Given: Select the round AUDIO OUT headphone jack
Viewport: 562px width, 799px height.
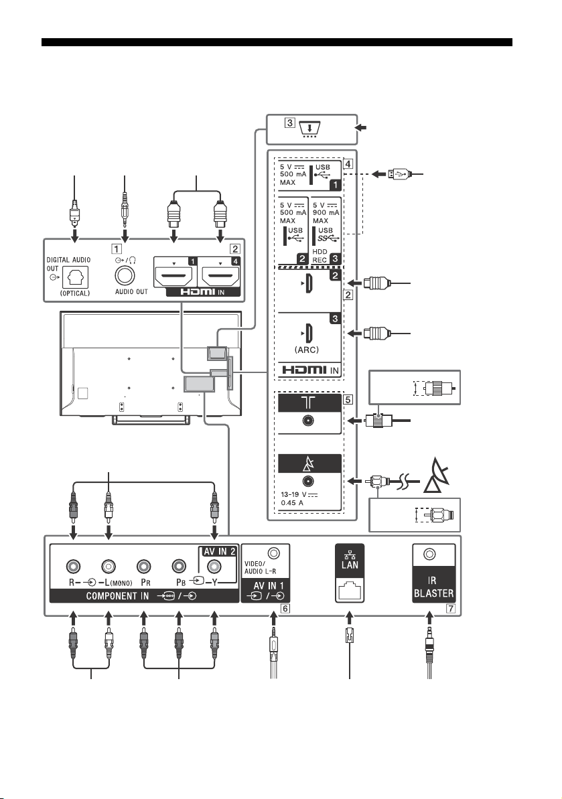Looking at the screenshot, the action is coord(125,276).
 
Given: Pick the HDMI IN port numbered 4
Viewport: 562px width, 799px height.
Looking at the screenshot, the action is coord(220,276).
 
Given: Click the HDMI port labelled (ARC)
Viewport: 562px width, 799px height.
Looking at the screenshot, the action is coord(307,334).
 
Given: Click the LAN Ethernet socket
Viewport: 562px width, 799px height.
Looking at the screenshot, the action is coord(350,590).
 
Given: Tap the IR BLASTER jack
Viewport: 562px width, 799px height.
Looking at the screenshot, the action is coord(429,555).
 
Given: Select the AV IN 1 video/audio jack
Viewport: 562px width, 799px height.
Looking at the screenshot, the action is coord(274,553).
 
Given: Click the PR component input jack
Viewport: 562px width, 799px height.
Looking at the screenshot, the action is coord(144,567).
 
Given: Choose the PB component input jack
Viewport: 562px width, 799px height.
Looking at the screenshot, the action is coord(179,567).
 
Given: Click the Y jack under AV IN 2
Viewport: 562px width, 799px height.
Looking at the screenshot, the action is coord(214,567).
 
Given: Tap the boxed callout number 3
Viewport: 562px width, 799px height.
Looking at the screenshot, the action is coord(289,123).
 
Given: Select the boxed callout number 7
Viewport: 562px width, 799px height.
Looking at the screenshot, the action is coord(450,608).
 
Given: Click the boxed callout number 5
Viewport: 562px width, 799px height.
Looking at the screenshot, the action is coord(348,399).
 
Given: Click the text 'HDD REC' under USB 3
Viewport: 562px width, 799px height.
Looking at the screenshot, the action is coord(320,256).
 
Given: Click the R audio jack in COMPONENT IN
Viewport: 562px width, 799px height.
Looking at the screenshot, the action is coord(74,567).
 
